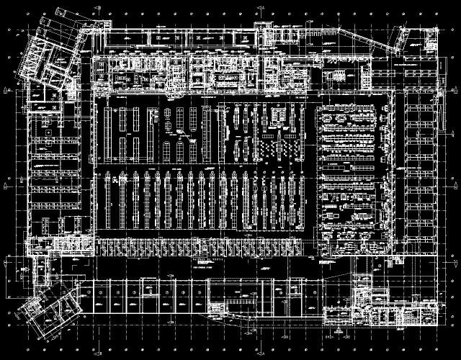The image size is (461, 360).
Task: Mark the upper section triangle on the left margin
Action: point(7,89)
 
